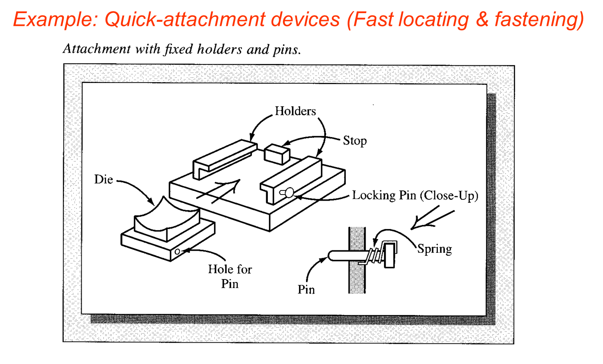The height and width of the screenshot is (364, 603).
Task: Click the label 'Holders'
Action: pos(295,111)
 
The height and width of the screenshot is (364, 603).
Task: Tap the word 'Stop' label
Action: pos(354,141)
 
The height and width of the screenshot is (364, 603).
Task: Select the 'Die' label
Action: pos(103,179)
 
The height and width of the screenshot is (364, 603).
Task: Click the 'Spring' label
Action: pos(435,249)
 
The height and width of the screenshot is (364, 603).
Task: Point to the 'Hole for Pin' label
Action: pos(230,276)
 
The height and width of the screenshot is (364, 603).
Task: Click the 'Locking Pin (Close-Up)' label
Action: pos(415,195)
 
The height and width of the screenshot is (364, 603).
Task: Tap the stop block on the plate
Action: pos(277,154)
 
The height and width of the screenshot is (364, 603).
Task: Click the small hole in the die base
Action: pos(177,252)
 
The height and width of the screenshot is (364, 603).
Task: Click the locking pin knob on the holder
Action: pos(289,192)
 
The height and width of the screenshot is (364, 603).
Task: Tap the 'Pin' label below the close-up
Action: pos(306,290)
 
